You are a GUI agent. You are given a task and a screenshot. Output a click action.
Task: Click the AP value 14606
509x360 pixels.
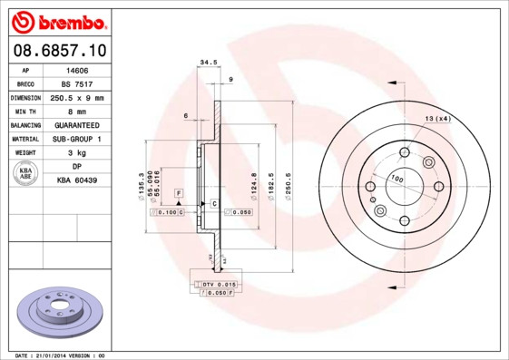pyautogui.click(x=76, y=69)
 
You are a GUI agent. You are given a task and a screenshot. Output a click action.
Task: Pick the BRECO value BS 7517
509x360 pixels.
pyautogui.click(x=76, y=83)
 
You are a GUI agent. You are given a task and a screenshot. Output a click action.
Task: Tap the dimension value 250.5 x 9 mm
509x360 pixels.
pyautogui.click(x=76, y=97)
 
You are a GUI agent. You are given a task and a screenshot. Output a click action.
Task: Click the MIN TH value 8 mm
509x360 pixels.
pyautogui.click(x=76, y=111)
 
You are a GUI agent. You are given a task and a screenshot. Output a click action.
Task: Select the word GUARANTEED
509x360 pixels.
pyautogui.click(x=76, y=125)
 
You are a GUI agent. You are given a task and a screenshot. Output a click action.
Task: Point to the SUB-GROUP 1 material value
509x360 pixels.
pyautogui.click(x=76, y=139)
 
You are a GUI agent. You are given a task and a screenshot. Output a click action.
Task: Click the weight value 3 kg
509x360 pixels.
pyautogui.click(x=76, y=153)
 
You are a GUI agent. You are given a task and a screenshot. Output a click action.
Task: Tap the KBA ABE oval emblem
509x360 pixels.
pyautogui.click(x=26, y=173)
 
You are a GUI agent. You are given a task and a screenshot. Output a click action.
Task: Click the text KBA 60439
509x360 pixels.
pyautogui.click(x=76, y=180)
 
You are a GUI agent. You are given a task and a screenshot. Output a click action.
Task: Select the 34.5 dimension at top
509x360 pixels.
pyautogui.click(x=209, y=63)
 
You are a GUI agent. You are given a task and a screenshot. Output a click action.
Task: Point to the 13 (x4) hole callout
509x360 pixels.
pyautogui.click(x=438, y=119)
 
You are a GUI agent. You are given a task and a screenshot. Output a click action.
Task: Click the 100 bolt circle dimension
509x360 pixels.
pyautogui.click(x=396, y=179)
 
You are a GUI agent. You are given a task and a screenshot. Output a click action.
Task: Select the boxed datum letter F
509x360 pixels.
pyautogui.click(x=179, y=194)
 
